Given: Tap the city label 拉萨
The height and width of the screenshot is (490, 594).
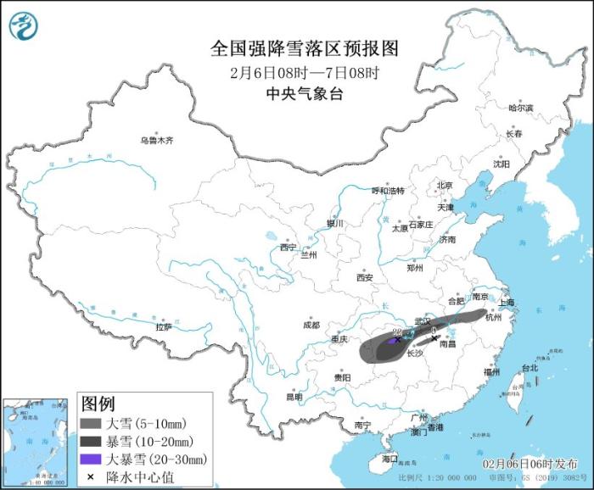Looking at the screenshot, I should pos(164,326).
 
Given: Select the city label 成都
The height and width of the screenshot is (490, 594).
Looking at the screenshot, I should pos(311,325).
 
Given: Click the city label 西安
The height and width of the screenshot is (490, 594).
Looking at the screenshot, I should pos(365,277).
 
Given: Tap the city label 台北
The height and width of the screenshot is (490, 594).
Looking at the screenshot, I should pos(530,368).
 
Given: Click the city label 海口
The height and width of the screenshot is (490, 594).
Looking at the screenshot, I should pos(389,458).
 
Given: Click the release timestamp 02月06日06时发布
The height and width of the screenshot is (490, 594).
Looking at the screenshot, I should pos(529,465).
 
